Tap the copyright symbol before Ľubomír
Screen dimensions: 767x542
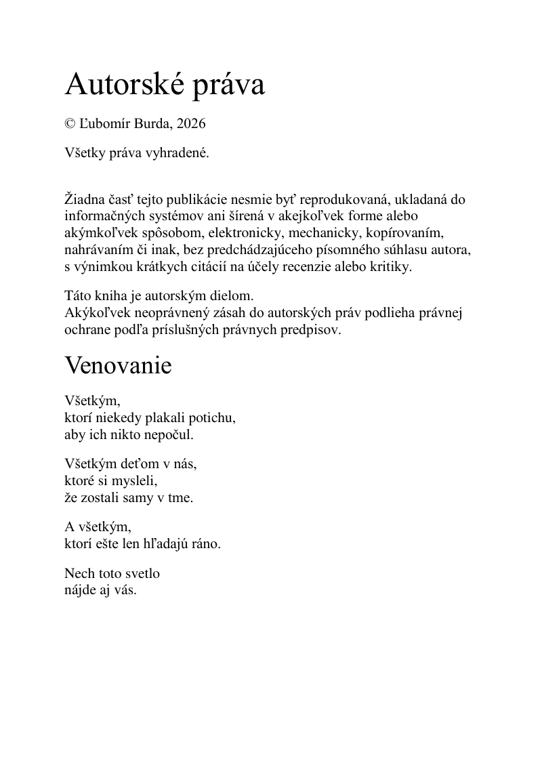click(70, 124)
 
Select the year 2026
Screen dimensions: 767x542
click(190, 124)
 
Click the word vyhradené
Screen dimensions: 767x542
click(180, 153)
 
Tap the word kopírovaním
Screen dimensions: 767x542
click(405, 233)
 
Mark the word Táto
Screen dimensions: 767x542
click(77, 296)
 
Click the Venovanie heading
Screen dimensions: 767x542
click(118, 366)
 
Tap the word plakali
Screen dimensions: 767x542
click(157, 417)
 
